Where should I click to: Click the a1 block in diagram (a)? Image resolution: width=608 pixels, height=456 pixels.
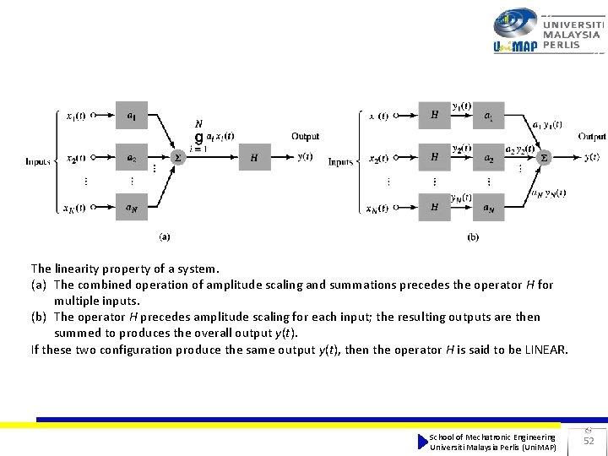[x=132, y=115]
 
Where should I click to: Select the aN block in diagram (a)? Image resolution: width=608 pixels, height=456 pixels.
[x=132, y=207]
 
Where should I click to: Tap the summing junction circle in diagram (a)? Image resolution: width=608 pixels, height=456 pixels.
[x=176, y=157]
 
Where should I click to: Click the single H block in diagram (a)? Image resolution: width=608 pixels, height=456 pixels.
[x=254, y=157]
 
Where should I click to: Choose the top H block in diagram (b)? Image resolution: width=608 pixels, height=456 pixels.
[x=435, y=115]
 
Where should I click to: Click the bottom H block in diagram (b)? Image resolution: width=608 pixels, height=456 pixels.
[x=435, y=207]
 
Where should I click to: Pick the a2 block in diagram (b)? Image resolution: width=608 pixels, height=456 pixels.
[x=489, y=157]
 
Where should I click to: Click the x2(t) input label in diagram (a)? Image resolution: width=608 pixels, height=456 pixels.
[x=75, y=158]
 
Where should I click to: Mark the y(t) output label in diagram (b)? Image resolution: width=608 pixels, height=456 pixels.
[x=591, y=157]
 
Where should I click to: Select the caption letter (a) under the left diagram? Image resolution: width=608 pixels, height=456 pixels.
[x=166, y=237]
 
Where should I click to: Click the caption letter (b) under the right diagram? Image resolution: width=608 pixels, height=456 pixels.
[x=473, y=237]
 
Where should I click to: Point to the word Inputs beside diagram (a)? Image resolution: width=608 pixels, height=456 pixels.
[x=38, y=160]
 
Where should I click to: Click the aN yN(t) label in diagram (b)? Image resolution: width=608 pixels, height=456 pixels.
[x=549, y=193]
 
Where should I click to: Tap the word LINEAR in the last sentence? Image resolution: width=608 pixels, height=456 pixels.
[x=546, y=350]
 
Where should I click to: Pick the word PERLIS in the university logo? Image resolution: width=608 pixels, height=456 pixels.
[x=562, y=45]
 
